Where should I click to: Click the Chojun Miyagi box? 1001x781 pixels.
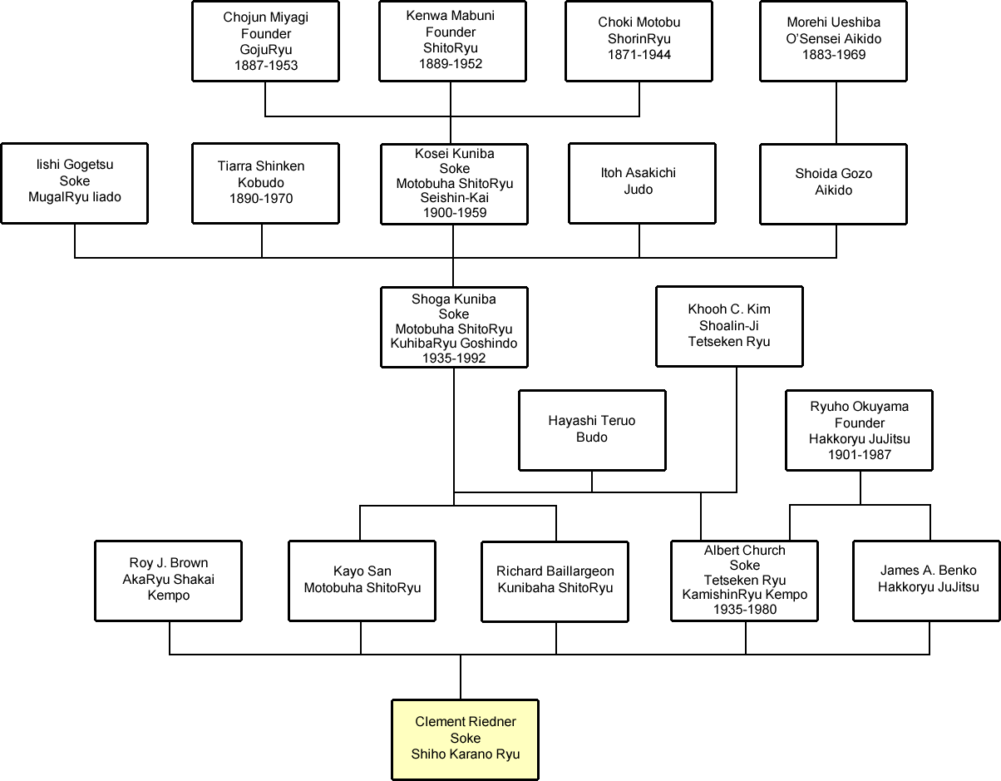tap(265, 41)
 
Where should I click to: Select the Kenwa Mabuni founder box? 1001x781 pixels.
tap(451, 40)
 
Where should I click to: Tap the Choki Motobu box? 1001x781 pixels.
tap(639, 40)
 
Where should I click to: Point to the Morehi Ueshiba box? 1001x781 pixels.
tap(834, 40)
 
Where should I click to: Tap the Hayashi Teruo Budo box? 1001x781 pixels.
tap(592, 430)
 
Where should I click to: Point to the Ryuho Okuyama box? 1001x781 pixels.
tap(860, 431)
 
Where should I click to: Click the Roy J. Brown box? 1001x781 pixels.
tap(169, 580)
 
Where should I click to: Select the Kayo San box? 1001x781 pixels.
tap(362, 580)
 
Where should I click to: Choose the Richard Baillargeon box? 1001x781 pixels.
tap(555, 580)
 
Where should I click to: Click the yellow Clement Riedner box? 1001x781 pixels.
tap(466, 739)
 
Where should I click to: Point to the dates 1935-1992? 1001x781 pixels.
tap(454, 358)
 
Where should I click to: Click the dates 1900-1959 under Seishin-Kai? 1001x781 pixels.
tap(454, 213)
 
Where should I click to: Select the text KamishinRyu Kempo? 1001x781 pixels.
tap(745, 595)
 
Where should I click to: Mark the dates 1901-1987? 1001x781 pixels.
tap(860, 455)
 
